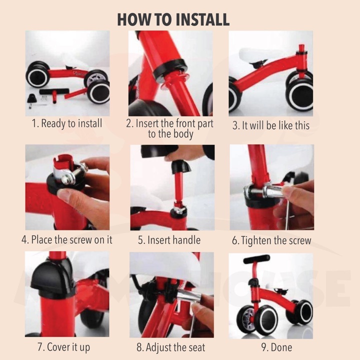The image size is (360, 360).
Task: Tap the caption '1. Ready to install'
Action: point(67,123)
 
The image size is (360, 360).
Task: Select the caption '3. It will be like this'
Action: point(271,125)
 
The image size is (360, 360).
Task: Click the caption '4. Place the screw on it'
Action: point(67,239)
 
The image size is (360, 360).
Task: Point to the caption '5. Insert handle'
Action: point(169,240)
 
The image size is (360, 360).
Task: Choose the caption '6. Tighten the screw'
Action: point(271,240)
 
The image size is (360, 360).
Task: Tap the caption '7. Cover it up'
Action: point(63,347)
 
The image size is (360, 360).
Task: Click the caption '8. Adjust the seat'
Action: point(171,347)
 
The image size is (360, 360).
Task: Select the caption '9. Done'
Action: point(276,347)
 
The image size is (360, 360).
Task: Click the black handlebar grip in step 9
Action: point(256,259)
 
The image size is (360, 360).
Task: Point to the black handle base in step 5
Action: point(181,166)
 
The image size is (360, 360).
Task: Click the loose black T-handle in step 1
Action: point(54,93)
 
